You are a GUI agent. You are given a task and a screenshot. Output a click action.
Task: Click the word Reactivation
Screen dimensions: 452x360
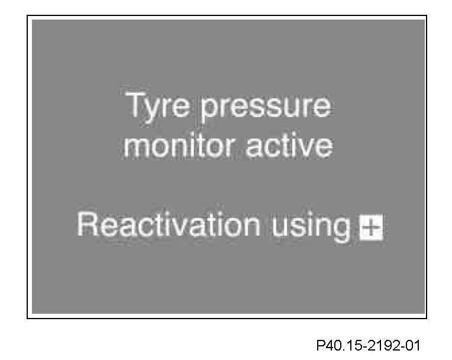click(169, 225)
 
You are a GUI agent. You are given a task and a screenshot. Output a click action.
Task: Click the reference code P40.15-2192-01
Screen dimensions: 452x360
click(368, 345)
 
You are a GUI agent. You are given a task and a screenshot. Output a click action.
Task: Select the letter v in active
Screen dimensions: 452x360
click(306, 147)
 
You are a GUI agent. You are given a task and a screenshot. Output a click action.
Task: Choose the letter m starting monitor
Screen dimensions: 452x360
click(136, 147)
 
